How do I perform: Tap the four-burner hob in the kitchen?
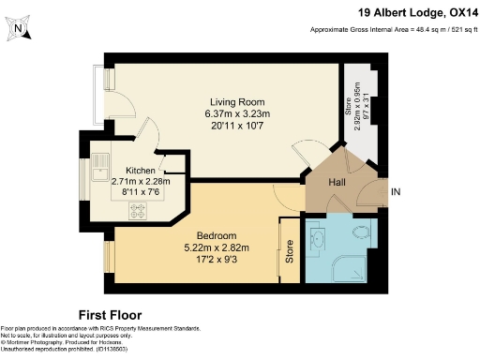click(140, 212)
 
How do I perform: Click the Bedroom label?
click(216, 234)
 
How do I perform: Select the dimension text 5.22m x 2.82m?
click(216, 247)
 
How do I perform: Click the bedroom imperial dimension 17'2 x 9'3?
click(216, 258)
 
